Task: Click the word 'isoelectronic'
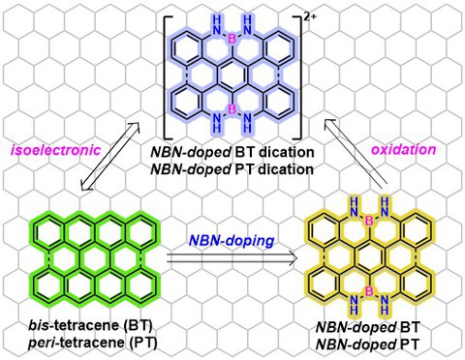pyautogui.click(x=55, y=150)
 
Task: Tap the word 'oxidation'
pyautogui.click(x=403, y=149)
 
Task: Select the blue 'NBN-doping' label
pyautogui.click(x=232, y=240)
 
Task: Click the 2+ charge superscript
pyautogui.click(x=310, y=18)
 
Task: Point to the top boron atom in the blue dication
pyautogui.click(x=232, y=40)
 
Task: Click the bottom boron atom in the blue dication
pyautogui.click(x=232, y=109)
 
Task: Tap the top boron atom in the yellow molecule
pyautogui.click(x=369, y=221)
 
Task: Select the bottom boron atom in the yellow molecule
pyautogui.click(x=369, y=291)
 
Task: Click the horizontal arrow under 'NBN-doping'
pyautogui.click(x=232, y=258)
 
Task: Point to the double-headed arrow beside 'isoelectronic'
pyautogui.click(x=110, y=156)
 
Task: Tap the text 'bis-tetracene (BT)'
pyautogui.click(x=90, y=326)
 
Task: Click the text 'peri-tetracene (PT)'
pyautogui.click(x=93, y=343)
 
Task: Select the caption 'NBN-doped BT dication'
pyautogui.click(x=232, y=152)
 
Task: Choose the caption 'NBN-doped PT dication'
pyautogui.click(x=232, y=169)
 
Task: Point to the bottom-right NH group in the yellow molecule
pyautogui.click(x=384, y=305)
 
